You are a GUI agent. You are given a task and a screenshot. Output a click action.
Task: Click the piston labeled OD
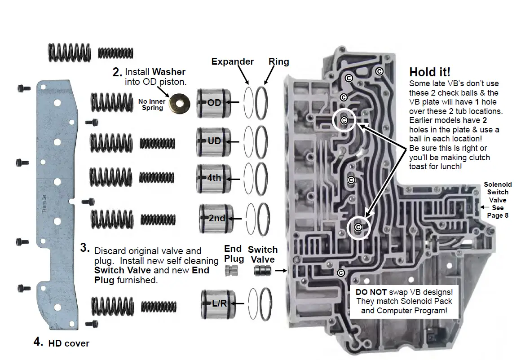214,103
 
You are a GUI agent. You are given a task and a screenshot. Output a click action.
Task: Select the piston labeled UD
214,141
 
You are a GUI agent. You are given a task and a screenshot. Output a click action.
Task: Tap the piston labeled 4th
214,178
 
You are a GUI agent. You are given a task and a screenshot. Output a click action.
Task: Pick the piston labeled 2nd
216,219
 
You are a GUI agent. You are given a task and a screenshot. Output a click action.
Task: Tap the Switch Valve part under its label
262,271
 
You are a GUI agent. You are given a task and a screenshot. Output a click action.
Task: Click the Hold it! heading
430,72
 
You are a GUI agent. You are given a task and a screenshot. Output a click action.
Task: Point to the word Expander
233,61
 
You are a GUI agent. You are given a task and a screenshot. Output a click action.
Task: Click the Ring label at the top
278,61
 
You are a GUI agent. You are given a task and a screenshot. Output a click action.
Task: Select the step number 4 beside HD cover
38,342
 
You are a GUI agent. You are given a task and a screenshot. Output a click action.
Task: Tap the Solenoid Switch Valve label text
497,192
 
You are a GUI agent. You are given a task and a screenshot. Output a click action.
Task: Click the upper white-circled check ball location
344,120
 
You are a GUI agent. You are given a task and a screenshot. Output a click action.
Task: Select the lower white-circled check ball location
358,227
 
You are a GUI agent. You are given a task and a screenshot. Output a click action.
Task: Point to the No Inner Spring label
152,105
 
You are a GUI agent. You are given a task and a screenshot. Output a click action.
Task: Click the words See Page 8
498,211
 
